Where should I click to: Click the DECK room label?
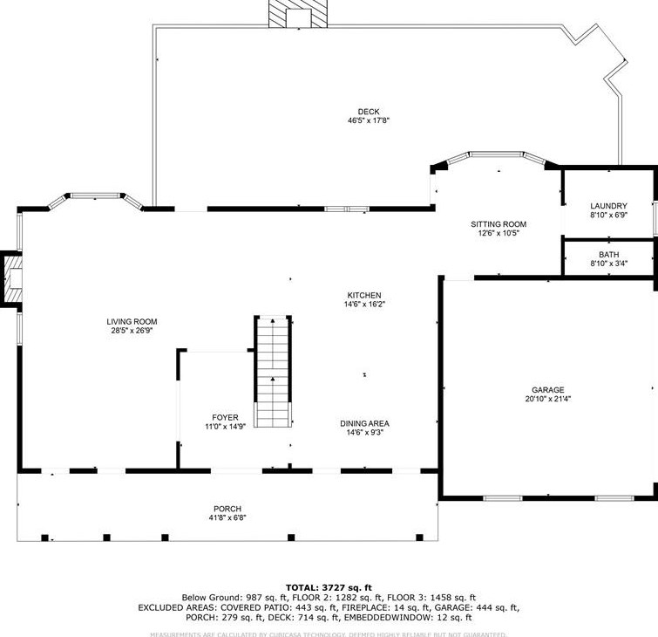368,111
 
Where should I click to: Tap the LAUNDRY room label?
608,206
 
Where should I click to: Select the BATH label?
608,254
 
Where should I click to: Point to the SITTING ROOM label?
499,224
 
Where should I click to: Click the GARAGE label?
548,390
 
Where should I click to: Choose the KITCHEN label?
364,295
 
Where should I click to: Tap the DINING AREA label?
364,423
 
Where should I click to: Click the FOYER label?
225,418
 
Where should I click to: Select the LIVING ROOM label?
132,321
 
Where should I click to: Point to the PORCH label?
227,509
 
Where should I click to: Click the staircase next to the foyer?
272,372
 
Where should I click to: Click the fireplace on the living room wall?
11,279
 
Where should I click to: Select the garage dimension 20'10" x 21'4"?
548,399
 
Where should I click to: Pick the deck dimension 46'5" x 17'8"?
368,120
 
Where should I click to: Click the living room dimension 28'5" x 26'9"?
132,331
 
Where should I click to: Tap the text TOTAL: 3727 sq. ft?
329,587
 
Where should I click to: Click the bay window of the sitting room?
496,158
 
